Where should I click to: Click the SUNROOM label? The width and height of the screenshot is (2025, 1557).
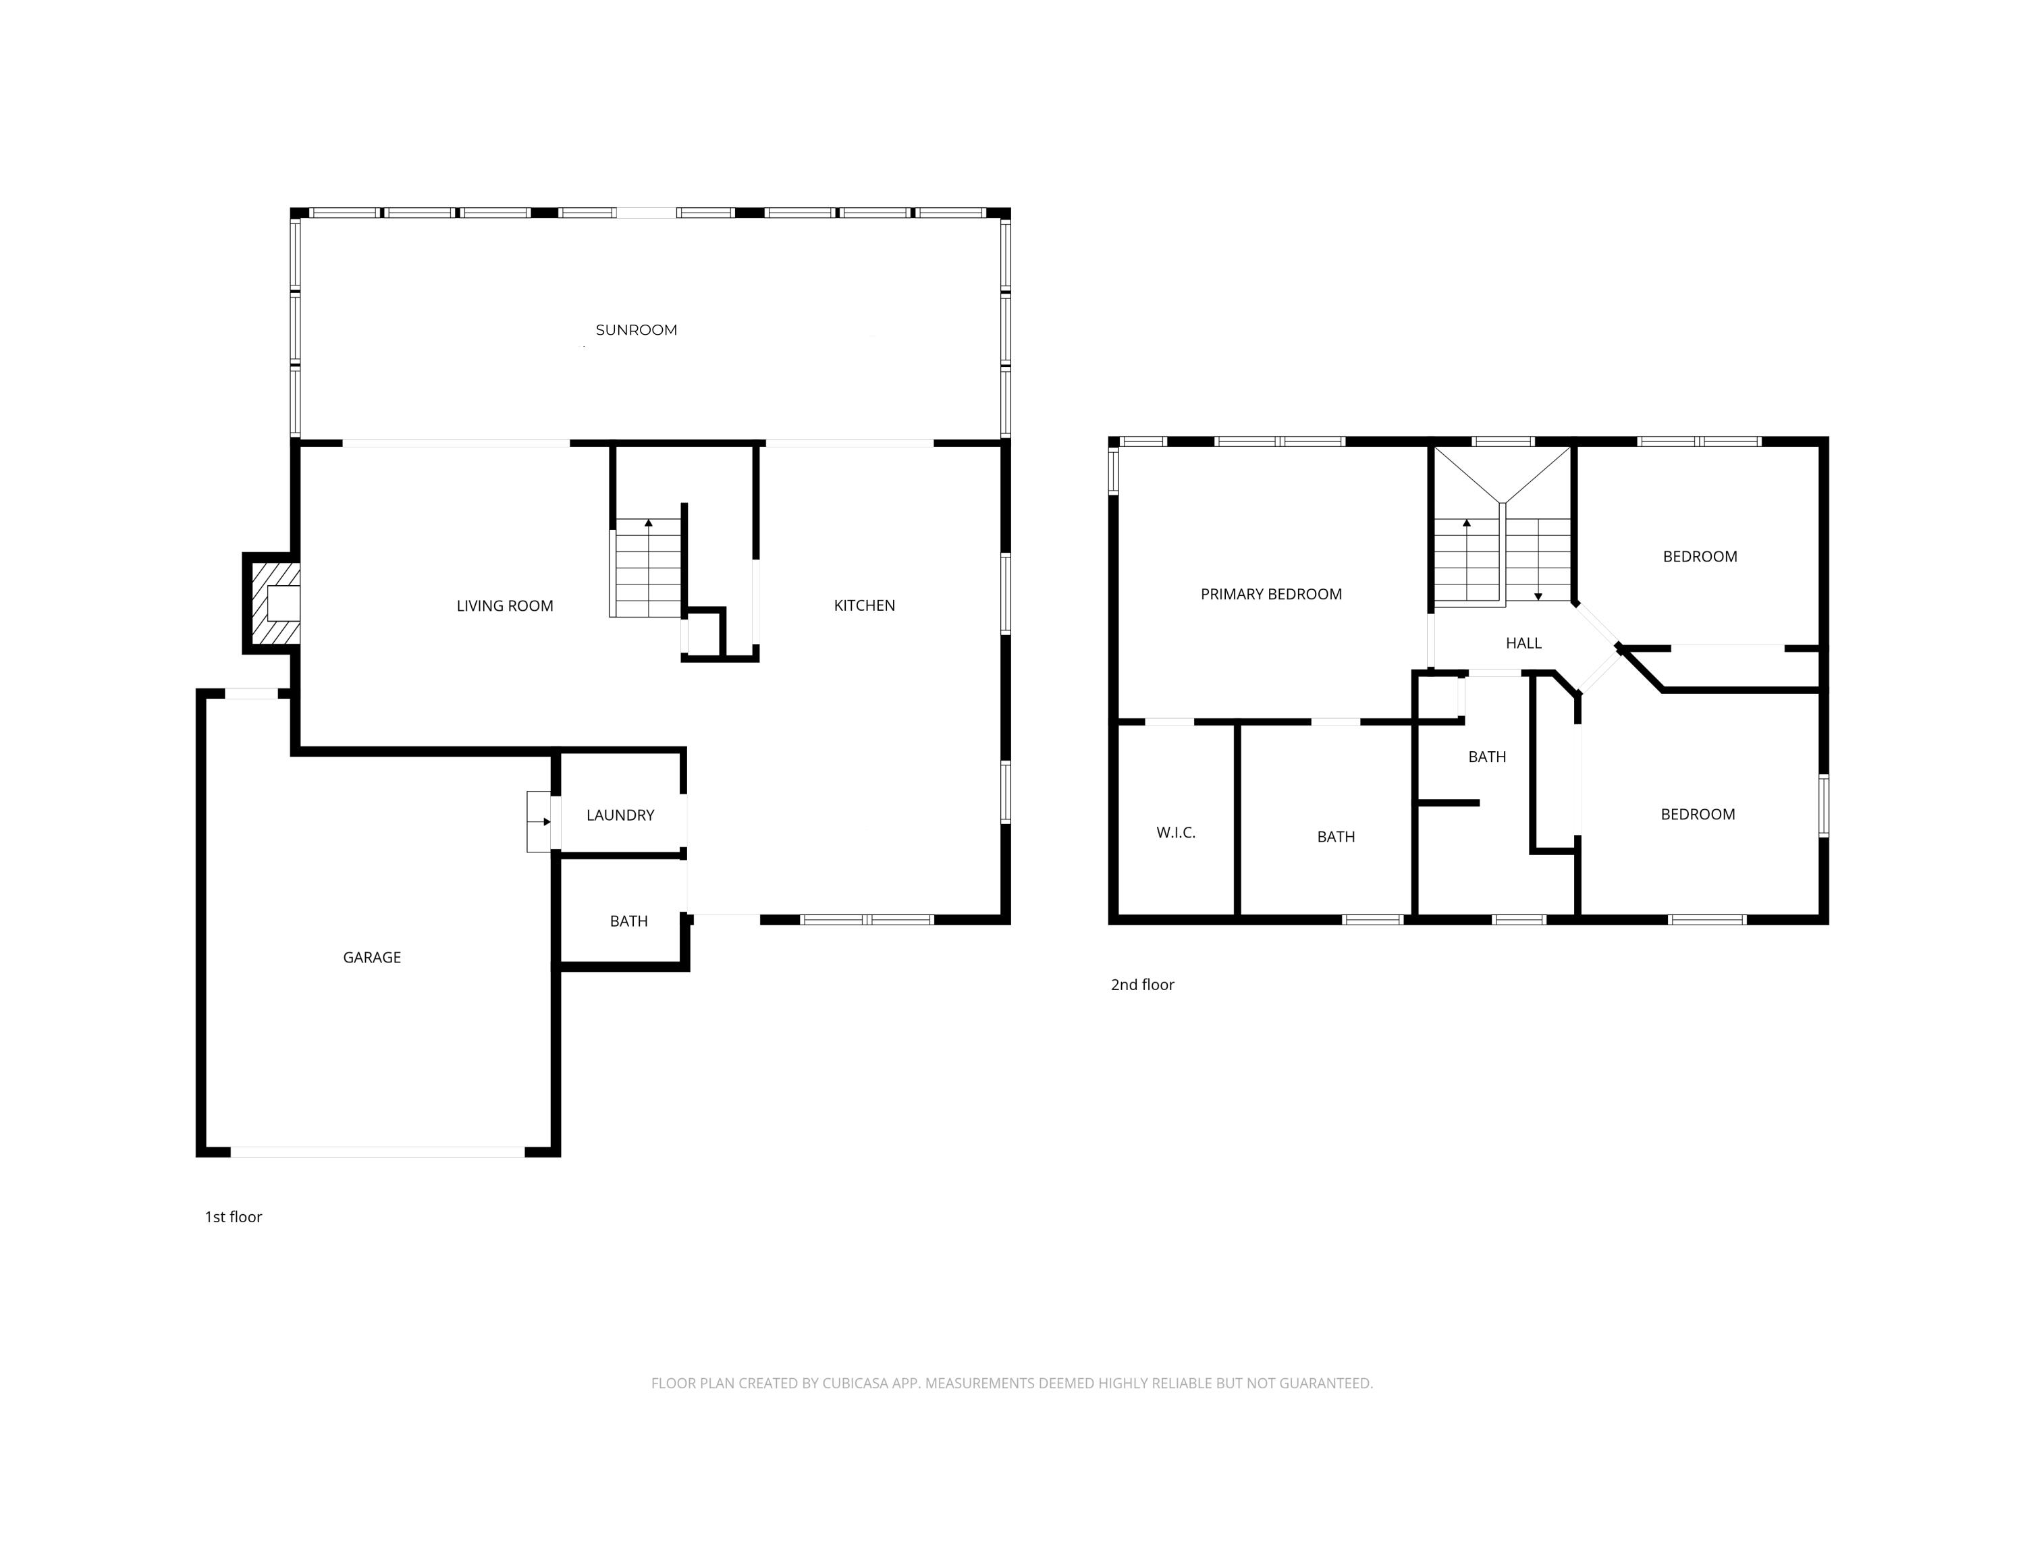click(x=636, y=330)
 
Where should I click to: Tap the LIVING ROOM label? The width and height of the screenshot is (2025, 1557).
click(x=504, y=606)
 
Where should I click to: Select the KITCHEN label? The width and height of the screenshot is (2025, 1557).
click(x=864, y=605)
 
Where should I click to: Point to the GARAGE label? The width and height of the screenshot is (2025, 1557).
click(x=372, y=958)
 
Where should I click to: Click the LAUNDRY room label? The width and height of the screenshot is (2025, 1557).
click(x=620, y=815)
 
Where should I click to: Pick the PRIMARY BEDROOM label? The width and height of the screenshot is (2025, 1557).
click(x=1270, y=594)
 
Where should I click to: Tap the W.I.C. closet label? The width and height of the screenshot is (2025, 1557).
click(x=1175, y=832)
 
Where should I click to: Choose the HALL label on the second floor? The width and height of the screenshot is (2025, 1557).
click(x=1523, y=643)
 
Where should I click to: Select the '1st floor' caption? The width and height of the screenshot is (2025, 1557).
click(x=234, y=1217)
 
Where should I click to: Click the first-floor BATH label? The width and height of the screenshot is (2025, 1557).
click(x=628, y=921)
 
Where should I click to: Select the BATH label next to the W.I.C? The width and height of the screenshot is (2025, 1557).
click(x=1335, y=837)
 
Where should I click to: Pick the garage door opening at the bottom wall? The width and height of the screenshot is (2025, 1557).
click(x=377, y=1152)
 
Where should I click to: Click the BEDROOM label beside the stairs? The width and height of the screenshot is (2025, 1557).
click(x=1700, y=557)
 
